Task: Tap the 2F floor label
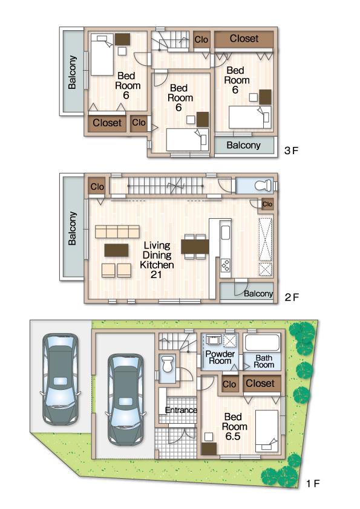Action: [x=291, y=297]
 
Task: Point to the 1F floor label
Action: [x=312, y=484]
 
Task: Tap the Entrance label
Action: [x=182, y=410]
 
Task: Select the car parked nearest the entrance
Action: [x=125, y=397]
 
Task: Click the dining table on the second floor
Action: [x=195, y=246]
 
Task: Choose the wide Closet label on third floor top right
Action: [x=244, y=38]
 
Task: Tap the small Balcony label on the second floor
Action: [x=258, y=294]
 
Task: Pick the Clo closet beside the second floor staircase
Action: [x=97, y=187]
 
